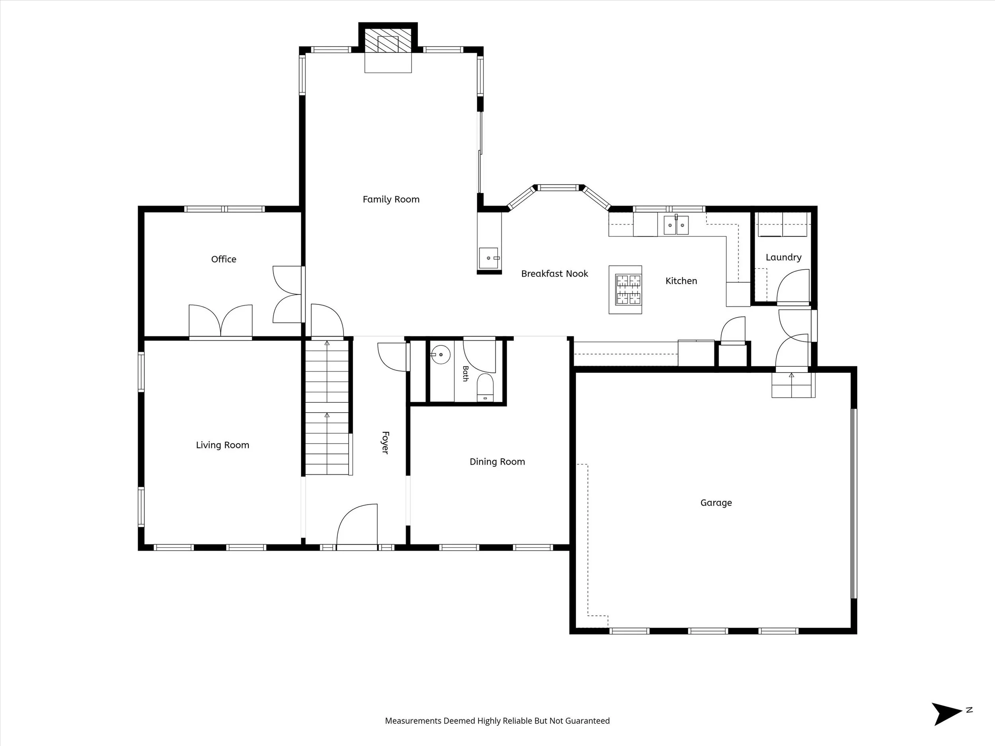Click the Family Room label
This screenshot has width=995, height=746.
391,199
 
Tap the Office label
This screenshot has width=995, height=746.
224,259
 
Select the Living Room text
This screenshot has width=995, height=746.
222,445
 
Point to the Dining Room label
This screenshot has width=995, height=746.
497,462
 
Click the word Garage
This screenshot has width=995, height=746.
716,503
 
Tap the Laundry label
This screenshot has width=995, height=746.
784,257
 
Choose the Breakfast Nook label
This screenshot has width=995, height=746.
555,273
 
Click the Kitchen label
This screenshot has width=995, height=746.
681,280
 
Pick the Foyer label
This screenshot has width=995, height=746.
385,442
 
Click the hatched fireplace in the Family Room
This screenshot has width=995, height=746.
388,41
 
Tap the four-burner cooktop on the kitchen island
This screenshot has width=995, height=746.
628,290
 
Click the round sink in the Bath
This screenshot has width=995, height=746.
441,355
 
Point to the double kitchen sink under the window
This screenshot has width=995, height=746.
676,225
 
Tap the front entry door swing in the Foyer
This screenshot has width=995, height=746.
357,524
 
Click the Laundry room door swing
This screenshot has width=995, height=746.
794,286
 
